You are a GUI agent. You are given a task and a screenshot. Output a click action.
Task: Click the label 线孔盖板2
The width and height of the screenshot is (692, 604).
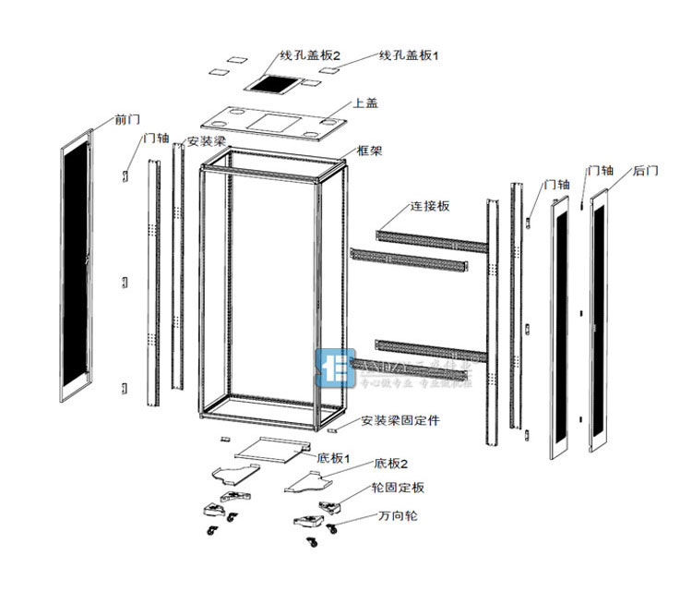[x=310, y=55]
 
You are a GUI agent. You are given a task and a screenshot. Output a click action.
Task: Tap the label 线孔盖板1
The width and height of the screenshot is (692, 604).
[x=409, y=55]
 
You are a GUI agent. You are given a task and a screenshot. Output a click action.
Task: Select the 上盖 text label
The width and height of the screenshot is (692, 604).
[x=365, y=103]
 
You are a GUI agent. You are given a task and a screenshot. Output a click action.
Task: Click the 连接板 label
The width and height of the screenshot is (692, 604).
[x=431, y=206]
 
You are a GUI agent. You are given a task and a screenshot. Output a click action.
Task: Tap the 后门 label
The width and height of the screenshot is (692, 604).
[x=647, y=171]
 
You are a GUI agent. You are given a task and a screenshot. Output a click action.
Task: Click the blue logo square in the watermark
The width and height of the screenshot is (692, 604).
[x=333, y=368]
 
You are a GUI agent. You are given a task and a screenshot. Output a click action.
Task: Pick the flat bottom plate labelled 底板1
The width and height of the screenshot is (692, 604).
[x=269, y=447]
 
